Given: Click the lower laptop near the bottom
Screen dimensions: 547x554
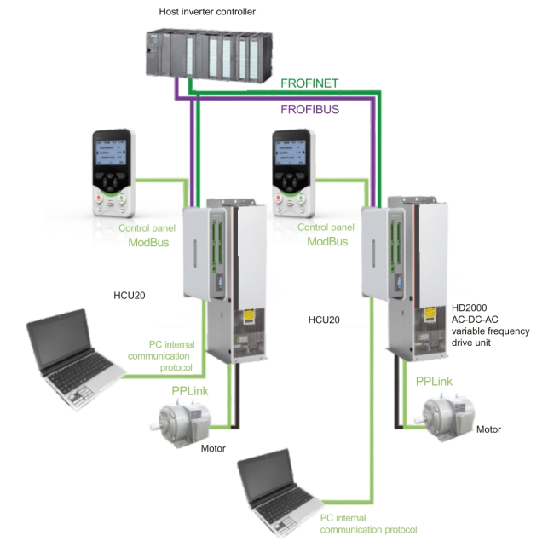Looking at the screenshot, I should [274, 495].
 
